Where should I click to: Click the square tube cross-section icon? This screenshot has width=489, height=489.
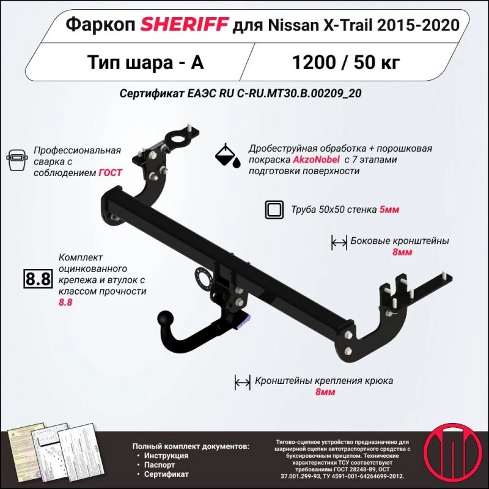274,210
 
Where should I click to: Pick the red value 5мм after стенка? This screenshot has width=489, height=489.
389,210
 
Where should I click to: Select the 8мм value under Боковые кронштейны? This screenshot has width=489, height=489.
402,252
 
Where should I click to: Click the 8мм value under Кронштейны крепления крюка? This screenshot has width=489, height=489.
325,392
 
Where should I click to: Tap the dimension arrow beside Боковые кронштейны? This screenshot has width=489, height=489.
339,242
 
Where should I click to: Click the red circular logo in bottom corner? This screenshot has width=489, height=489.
453,453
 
